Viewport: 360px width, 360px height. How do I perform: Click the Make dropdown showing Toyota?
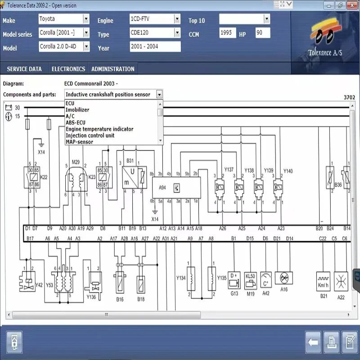pyautogui.click(x=64, y=19)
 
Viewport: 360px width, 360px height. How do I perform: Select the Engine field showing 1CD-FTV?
pyautogui.click(x=155, y=19)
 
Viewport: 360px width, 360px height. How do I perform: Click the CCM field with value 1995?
pyautogui.click(x=228, y=33)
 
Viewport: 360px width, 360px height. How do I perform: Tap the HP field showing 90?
pyautogui.click(x=262, y=33)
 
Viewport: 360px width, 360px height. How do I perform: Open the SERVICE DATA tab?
pyautogui.click(x=24, y=69)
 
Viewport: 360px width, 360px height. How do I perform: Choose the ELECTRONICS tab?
pyautogui.click(x=68, y=69)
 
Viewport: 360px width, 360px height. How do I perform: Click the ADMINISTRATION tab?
pyautogui.click(x=112, y=69)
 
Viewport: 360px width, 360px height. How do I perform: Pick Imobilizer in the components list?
pyautogui.click(x=77, y=110)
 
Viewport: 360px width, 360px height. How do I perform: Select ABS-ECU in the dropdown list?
pyautogui.click(x=76, y=122)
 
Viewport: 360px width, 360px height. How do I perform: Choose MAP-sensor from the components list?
pyautogui.click(x=79, y=142)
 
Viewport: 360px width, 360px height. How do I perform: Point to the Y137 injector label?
pyautogui.click(x=229, y=170)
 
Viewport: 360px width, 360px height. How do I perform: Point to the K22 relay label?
pyautogui.click(x=44, y=178)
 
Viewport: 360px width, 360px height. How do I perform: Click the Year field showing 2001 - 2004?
pyautogui.click(x=155, y=47)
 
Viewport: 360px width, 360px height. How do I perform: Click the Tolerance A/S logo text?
pyautogui.click(x=325, y=53)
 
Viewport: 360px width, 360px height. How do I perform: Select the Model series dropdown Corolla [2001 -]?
pyautogui.click(x=64, y=33)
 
